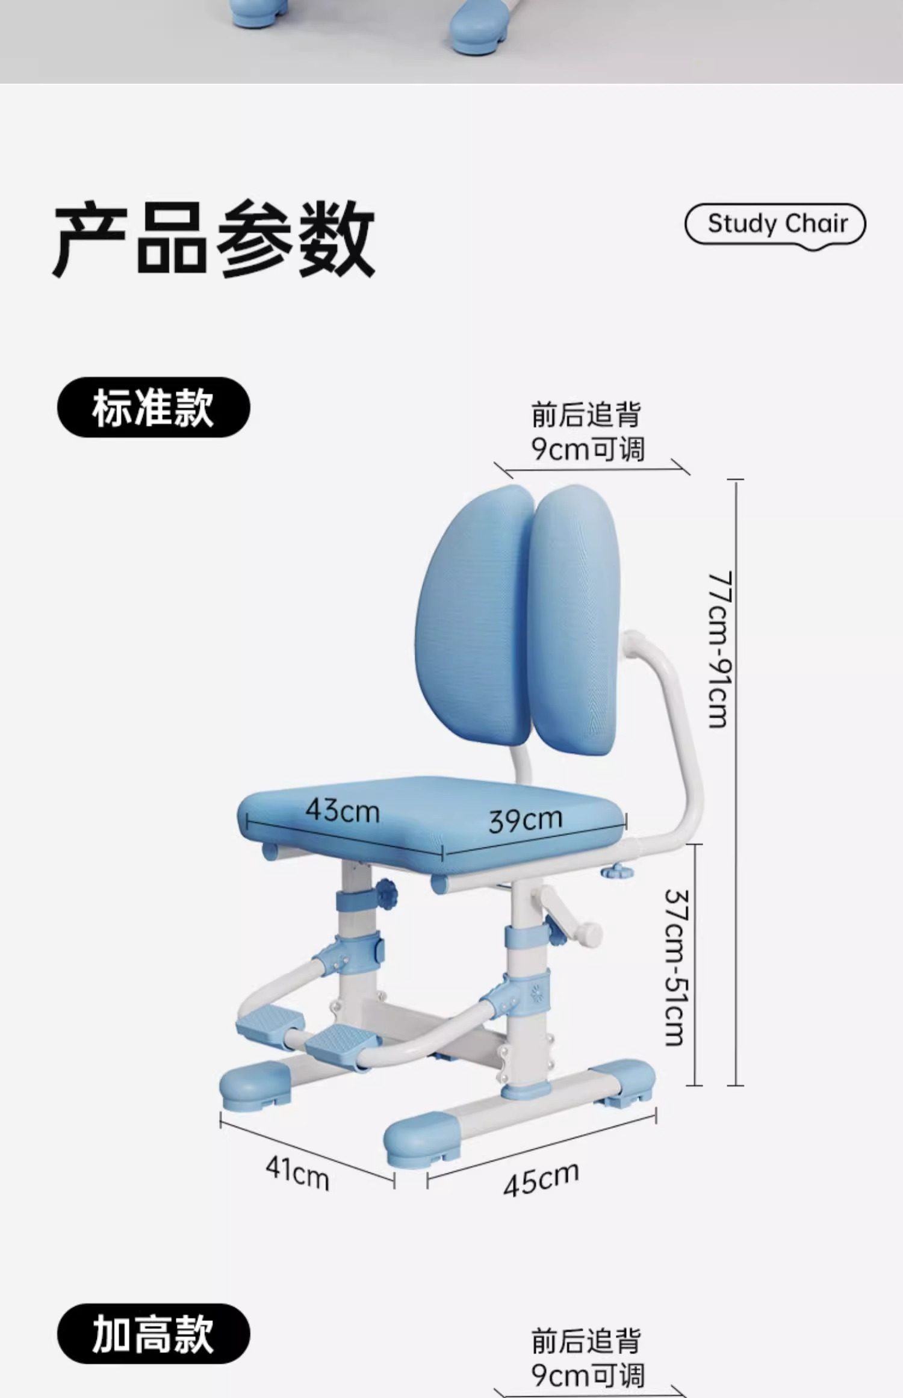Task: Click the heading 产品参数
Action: [214, 238]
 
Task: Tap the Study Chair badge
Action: [775, 224]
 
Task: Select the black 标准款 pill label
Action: [153, 407]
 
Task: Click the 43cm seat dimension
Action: [342, 810]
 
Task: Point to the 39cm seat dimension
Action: [525, 820]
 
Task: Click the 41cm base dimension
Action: [297, 1173]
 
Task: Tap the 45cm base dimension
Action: [541, 1179]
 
